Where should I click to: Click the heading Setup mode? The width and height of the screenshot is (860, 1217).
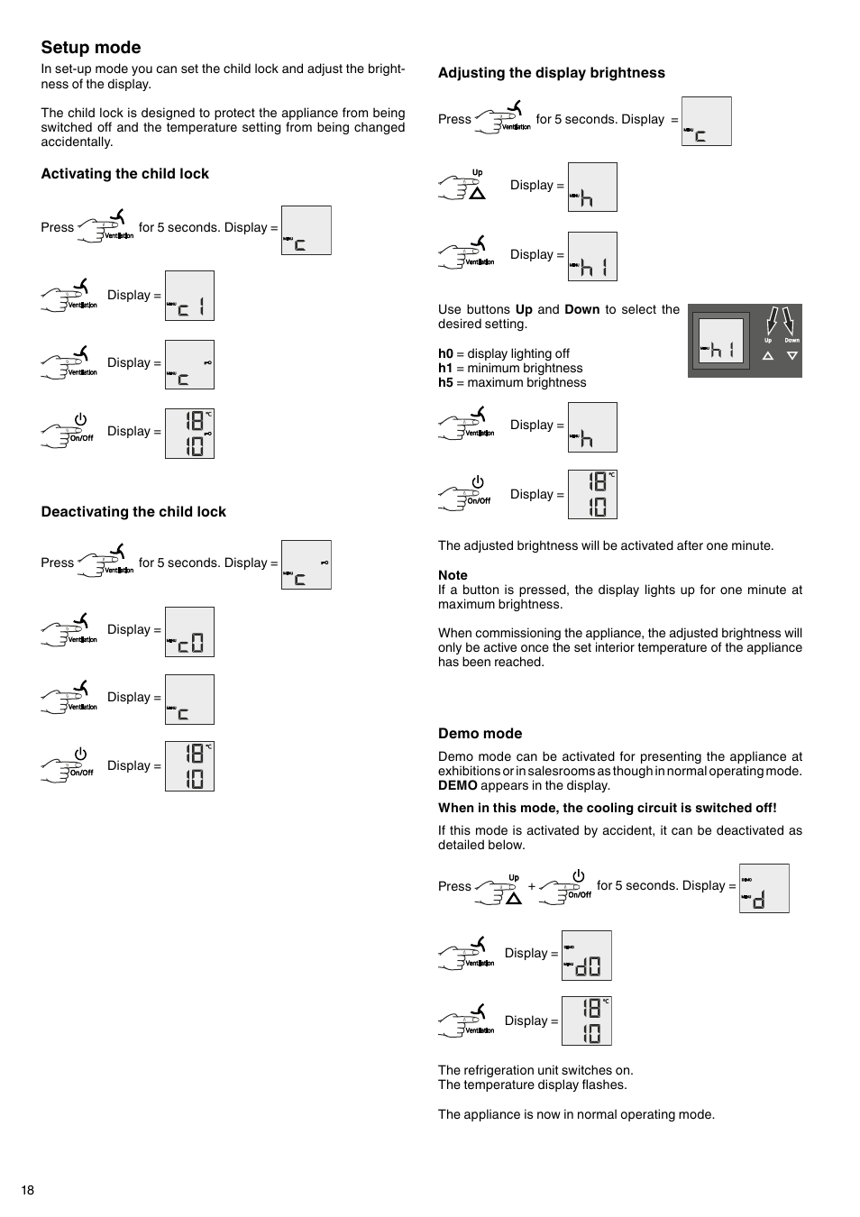coord(91,48)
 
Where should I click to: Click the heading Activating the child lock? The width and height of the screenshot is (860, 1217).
coord(124,174)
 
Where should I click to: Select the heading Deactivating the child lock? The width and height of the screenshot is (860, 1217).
coord(133,512)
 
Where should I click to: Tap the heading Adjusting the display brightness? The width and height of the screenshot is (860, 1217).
coord(551,73)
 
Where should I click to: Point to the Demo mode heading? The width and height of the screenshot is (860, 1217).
coord(480,734)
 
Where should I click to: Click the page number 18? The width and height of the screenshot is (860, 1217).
coord(28,1190)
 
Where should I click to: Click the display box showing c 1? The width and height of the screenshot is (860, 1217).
coord(189,296)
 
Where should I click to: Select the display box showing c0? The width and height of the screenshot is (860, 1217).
coord(189,632)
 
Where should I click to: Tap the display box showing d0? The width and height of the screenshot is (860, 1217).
coord(586,956)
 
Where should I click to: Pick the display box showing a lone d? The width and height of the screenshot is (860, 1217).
coord(764,888)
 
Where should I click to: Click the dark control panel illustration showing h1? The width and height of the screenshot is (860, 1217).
coord(745,341)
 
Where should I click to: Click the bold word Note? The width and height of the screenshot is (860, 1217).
coord(453,575)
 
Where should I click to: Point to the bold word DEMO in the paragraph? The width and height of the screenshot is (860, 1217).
coord(457,785)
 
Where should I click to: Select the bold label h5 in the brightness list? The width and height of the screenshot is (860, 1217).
coord(445,382)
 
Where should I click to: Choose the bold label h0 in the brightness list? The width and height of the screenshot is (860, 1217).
coord(445,353)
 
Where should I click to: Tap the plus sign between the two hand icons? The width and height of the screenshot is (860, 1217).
coord(532,887)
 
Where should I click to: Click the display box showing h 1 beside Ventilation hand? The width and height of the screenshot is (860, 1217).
coord(592,257)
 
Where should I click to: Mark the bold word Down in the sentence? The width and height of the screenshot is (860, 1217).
coord(581,309)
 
